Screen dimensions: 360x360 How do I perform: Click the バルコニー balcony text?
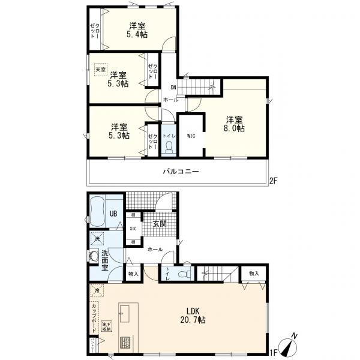[181, 172]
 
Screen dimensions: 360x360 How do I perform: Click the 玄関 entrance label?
[159, 224]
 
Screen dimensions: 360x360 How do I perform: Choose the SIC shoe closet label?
[134, 229]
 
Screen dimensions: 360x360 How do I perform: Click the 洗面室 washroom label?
[104, 262]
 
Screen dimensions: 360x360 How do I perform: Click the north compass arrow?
[292, 346]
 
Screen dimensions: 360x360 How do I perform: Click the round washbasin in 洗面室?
[93, 256]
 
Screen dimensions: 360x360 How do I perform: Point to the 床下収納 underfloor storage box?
[107, 326]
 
